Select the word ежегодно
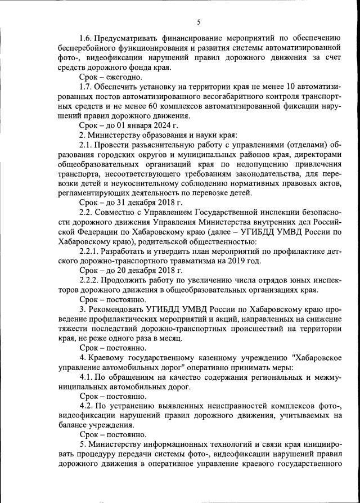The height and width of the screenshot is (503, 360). (x=124, y=77)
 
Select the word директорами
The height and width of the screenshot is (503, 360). (x=319, y=154)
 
